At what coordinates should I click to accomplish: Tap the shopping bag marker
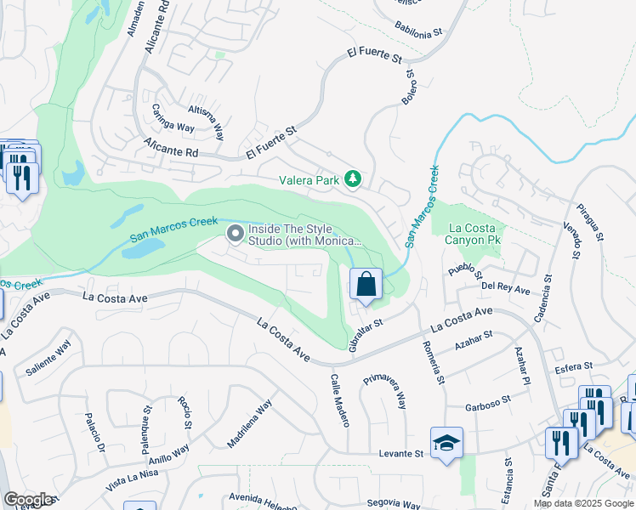click(366, 284)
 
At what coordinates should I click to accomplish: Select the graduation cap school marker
click(446, 443)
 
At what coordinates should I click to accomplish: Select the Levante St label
click(400, 455)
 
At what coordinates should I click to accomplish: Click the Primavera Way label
click(384, 391)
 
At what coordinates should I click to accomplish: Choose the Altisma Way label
click(207, 121)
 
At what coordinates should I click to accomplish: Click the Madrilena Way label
click(249, 423)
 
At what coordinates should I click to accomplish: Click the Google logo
click(28, 500)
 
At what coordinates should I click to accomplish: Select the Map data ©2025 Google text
click(582, 503)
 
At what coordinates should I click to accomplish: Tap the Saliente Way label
click(52, 360)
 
